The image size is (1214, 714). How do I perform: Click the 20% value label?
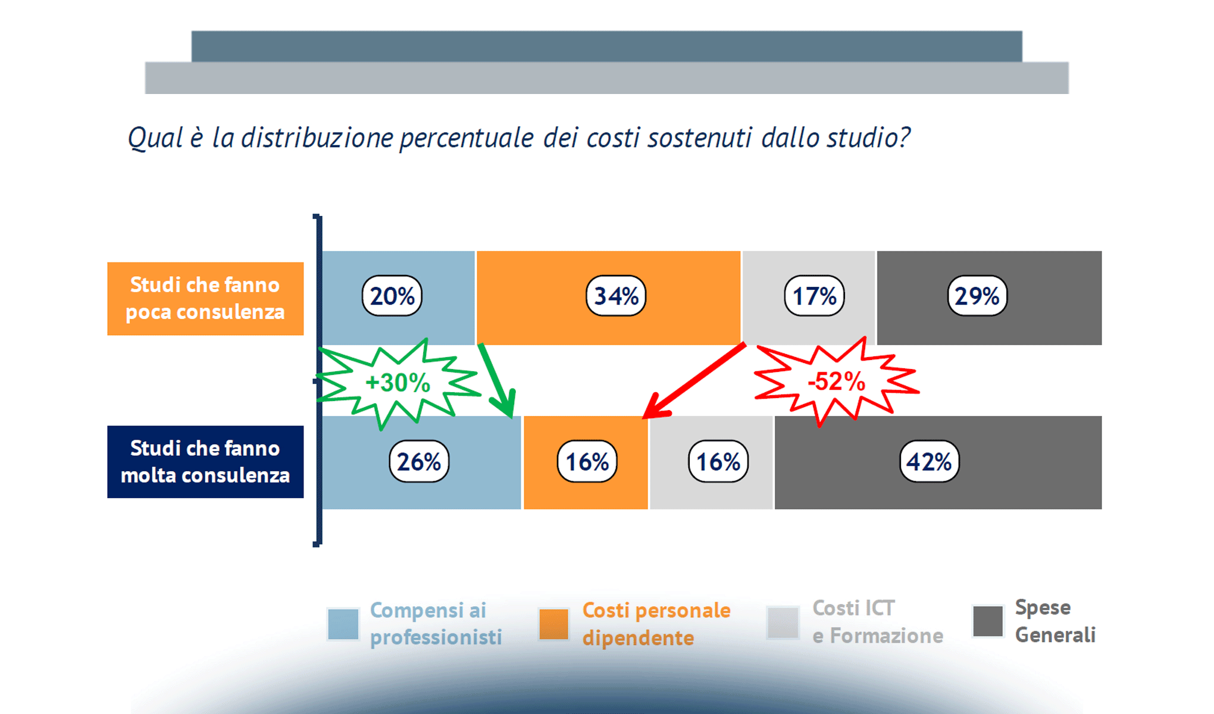pos(392,296)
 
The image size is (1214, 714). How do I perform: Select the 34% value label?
pos(616,296)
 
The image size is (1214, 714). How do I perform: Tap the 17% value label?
pos(814,296)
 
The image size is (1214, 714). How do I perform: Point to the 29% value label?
pos(977,296)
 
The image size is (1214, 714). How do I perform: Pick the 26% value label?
pos(419,461)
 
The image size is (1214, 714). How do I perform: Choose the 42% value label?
pos(929,461)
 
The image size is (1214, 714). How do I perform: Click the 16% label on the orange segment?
pos(587,461)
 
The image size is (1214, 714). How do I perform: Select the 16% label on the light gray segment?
pos(718,461)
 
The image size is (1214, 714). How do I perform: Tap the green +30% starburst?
pos(397,383)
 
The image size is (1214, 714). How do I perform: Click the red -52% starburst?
pos(836,381)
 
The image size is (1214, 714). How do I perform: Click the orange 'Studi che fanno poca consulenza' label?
pos(205,299)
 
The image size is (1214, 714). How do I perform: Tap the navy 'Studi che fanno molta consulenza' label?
pos(205,462)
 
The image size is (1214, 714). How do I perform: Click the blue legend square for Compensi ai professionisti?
pos(343,624)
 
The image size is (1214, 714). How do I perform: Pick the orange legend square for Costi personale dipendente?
pos(553,624)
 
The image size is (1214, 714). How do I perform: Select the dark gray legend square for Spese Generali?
pos(988,621)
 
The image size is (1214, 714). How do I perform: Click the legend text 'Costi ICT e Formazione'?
pos(877,622)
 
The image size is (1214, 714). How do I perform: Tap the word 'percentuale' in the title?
pos(467,138)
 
